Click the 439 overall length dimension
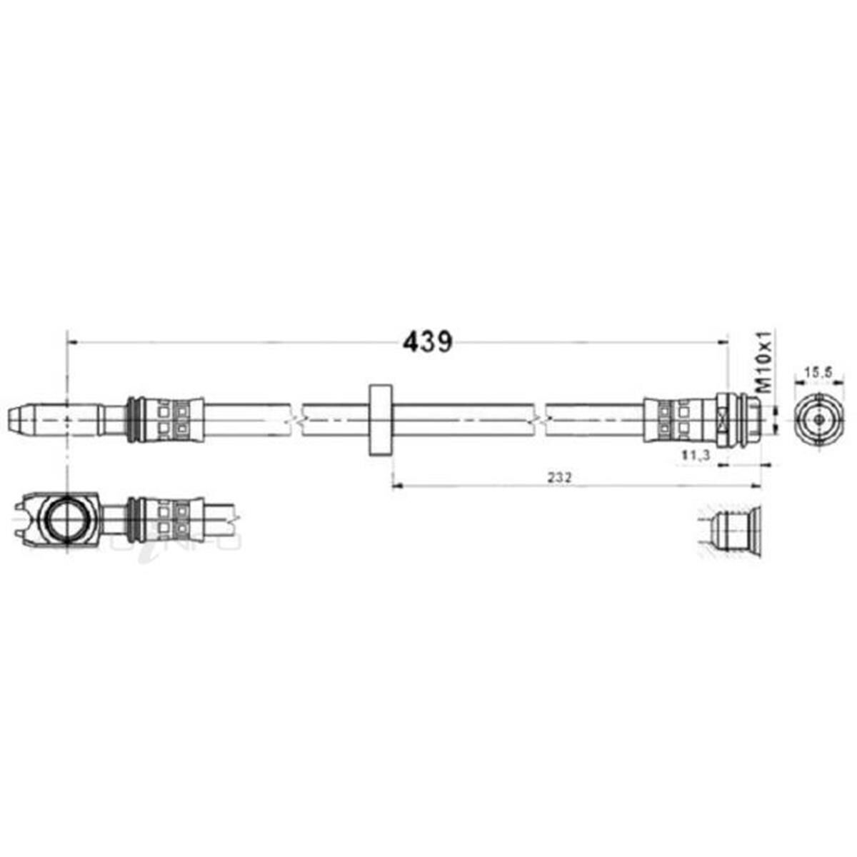tap(428, 342)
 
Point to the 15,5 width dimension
tap(815, 372)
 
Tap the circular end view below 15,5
tap(815, 419)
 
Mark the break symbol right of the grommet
tap(541, 419)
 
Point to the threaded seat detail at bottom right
tap(732, 532)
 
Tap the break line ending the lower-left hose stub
tap(236, 518)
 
